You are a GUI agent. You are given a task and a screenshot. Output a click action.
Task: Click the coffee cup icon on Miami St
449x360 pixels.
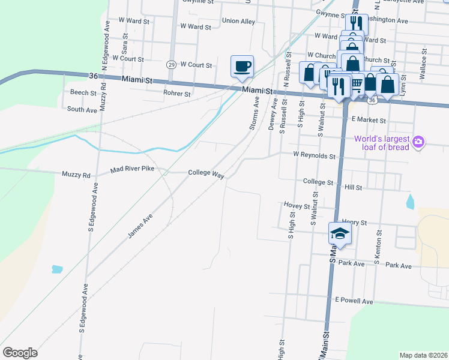pyautogui.click(x=242, y=66)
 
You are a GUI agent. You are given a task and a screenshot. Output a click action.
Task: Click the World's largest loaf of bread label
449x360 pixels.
pyautogui.click(x=381, y=143)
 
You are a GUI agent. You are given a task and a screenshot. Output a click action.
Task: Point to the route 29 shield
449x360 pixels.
pyautogui.click(x=171, y=64)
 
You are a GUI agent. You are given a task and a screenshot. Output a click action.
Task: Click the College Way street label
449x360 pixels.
pyautogui.click(x=206, y=173)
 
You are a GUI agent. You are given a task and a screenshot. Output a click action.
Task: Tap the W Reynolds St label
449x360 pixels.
pyautogui.click(x=313, y=155)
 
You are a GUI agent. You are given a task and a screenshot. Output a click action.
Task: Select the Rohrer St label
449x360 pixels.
pyautogui.click(x=177, y=94)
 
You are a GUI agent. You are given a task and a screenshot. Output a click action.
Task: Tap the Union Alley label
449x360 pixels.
pyautogui.click(x=238, y=21)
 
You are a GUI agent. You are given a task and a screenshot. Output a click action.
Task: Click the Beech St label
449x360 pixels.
pyautogui.click(x=83, y=93)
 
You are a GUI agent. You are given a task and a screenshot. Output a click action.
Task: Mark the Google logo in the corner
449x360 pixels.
pyautogui.click(x=20, y=352)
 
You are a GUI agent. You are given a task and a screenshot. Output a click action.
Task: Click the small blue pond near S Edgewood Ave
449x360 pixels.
pyautogui.click(x=58, y=269)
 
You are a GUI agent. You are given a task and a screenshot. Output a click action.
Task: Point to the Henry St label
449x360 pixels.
pyautogui.click(x=354, y=223)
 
